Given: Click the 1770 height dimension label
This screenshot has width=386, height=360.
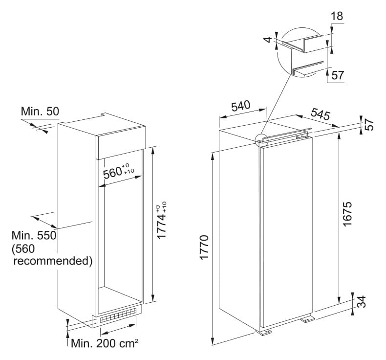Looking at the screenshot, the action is [x=204, y=247].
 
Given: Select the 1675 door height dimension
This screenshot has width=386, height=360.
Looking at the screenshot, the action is [x=347, y=214].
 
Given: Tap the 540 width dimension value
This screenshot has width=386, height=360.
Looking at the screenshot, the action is [x=241, y=106].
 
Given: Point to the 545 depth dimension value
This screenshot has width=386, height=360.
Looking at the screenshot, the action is [x=320, y=114].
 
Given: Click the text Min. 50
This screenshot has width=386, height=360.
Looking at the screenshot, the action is [x=40, y=112].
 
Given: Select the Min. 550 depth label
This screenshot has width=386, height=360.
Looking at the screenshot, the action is [x=34, y=236].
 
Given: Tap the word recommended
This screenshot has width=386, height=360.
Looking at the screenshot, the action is [x=53, y=261].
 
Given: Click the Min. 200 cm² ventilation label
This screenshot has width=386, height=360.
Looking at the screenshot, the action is [x=105, y=343].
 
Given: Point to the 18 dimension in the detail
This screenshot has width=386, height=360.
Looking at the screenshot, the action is [x=337, y=16].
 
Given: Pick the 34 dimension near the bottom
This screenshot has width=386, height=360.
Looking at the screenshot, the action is [x=362, y=302].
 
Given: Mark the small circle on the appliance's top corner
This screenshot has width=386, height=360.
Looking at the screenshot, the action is [x=261, y=141].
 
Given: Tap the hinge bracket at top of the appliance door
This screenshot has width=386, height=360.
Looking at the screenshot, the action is [x=302, y=135].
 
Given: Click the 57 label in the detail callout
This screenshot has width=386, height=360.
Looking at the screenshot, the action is [x=337, y=75].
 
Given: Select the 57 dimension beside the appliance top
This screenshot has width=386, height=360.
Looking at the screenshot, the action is [x=369, y=124].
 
